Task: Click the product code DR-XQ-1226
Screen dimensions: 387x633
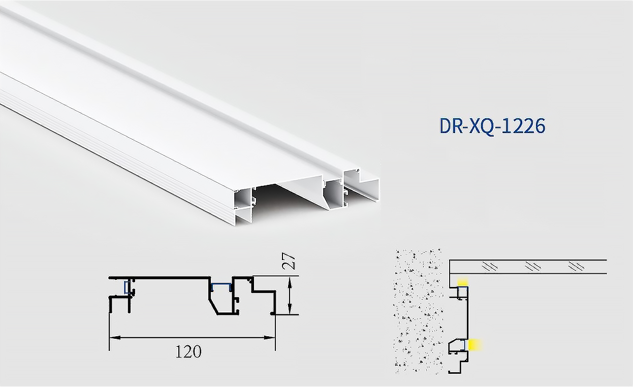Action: click(492, 126)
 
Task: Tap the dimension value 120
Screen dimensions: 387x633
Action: click(188, 351)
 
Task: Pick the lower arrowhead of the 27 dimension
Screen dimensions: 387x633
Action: click(289, 311)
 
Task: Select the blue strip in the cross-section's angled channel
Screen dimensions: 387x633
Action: click(221, 283)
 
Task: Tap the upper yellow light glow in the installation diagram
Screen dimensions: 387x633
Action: click(462, 282)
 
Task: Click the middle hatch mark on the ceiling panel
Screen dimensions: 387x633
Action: click(532, 266)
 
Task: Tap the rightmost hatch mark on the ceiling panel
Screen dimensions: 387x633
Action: click(577, 266)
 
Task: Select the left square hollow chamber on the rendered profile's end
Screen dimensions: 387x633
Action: click(244, 198)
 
